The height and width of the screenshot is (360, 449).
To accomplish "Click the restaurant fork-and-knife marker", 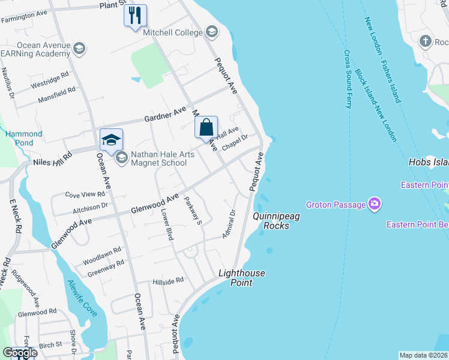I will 135,14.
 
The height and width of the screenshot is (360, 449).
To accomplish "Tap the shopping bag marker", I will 206,127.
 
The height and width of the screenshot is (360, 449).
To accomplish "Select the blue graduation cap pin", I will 111,140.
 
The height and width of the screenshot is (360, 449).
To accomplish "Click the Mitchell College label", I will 172,32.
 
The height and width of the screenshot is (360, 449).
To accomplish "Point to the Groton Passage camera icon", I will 375,205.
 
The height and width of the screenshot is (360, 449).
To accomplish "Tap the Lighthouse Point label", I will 241,278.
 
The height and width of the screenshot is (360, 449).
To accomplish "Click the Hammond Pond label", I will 24,139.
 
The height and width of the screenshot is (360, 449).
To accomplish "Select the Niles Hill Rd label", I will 53,157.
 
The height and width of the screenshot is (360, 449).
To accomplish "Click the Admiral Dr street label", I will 228,224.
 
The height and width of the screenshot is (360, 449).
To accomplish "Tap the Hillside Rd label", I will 168,281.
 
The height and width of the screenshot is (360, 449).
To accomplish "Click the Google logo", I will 19,353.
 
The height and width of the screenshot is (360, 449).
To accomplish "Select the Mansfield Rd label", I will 56,94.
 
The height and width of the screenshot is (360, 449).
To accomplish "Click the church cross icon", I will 426,41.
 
